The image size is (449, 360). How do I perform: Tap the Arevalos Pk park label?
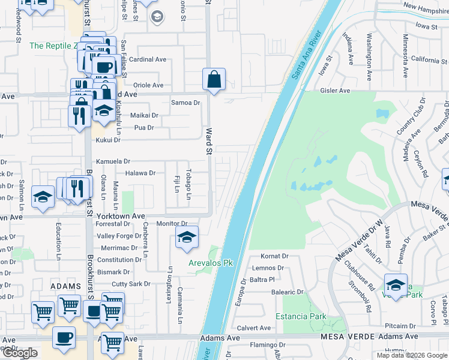pyautogui.click(x=211, y=263)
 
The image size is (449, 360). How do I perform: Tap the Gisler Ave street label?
pyautogui.click(x=335, y=91)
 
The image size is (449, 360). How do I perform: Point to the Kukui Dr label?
pyautogui.click(x=108, y=140)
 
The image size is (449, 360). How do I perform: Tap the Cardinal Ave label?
pyautogui.click(x=148, y=59)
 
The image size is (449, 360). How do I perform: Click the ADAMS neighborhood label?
pyautogui.click(x=65, y=287)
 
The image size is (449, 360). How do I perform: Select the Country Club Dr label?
pyautogui.click(x=411, y=118)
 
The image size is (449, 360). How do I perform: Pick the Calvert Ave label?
pyautogui.click(x=254, y=328)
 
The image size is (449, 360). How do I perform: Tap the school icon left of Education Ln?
pyautogui.click(x=43, y=197)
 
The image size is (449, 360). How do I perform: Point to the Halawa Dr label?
pyautogui.click(x=140, y=173)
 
